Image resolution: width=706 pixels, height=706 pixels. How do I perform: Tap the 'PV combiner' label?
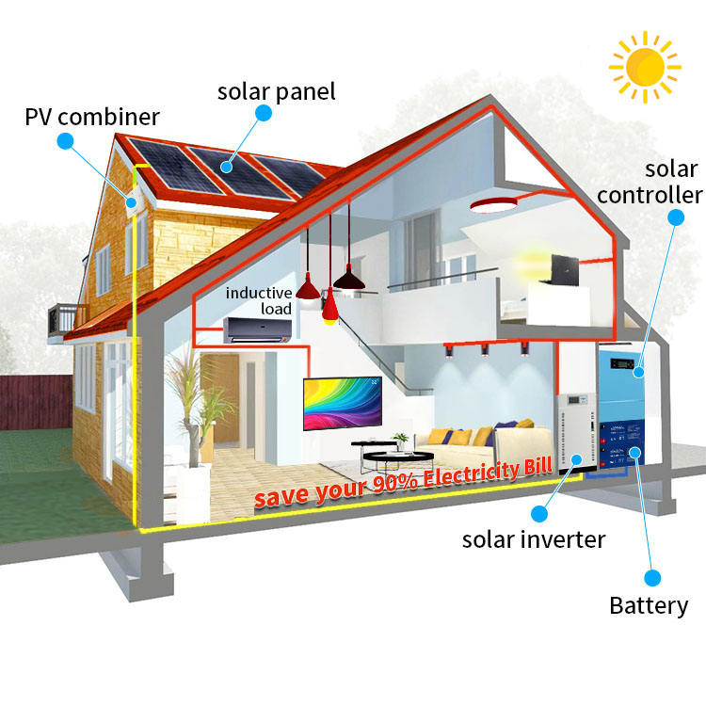click(92, 118)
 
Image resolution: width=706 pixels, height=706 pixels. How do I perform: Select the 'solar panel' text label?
click(276, 91)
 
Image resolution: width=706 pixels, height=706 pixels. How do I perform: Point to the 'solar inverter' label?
click(534, 539)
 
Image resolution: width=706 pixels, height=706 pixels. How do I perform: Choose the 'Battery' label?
click(649, 605)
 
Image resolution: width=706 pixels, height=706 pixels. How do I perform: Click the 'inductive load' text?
click(259, 301)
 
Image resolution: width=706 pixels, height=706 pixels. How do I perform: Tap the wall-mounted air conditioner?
click(256, 330)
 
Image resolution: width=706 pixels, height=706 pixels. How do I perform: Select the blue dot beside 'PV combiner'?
click(65, 142)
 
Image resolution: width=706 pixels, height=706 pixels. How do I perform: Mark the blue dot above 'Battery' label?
click(650, 577)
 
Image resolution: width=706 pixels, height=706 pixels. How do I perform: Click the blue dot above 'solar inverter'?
click(538, 514)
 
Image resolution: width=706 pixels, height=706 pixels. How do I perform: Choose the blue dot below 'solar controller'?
click(675, 217)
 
